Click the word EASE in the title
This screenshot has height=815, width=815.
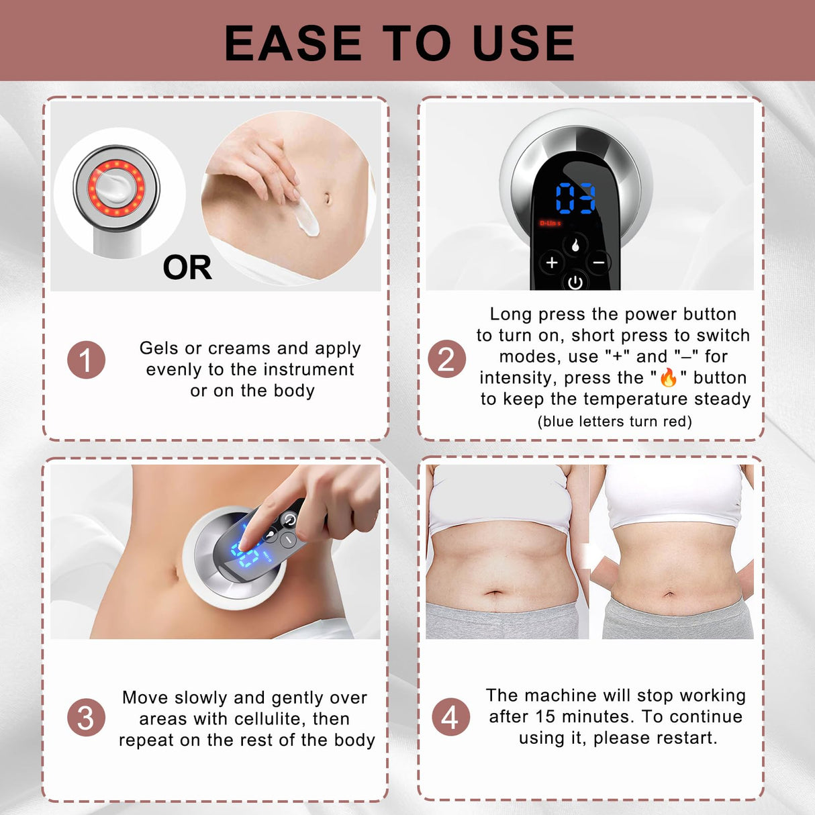[x=293, y=43]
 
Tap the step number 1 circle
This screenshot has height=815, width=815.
[x=86, y=360]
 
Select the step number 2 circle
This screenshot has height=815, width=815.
[x=446, y=358]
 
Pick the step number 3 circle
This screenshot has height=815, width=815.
[x=86, y=718]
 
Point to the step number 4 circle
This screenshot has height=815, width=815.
[x=450, y=717]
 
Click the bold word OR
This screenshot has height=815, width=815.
[x=187, y=268]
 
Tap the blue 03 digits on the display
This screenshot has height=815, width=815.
[x=575, y=199]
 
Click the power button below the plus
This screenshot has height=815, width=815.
[x=575, y=283]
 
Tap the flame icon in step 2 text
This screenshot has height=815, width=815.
[x=668, y=377]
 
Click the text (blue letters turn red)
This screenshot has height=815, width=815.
[x=614, y=422]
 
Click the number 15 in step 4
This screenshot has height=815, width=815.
[x=544, y=716]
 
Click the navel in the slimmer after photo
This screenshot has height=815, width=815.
[x=669, y=593]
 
